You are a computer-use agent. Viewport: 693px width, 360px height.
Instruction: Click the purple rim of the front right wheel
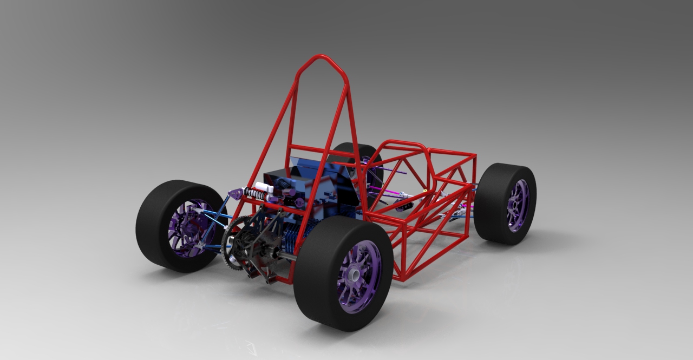point(517,205)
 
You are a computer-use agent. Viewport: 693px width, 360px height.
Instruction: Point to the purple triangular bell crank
point(235,193)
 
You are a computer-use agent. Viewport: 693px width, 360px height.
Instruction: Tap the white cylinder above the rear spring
point(264,187)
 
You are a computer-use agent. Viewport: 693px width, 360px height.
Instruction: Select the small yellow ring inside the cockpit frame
point(426,191)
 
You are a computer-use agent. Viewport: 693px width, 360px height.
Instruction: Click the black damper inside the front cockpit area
point(403,205)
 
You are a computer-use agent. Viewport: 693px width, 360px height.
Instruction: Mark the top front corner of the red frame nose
point(475,155)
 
